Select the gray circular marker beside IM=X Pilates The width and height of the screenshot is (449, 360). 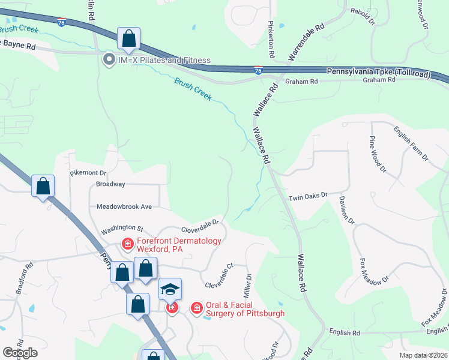pos(109,59)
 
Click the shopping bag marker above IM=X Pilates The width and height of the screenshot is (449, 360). pos(128,40)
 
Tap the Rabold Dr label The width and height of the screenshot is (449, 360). pos(363,16)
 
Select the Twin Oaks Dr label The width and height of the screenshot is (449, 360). pos(308,196)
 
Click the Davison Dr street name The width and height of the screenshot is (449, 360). pos(347,210)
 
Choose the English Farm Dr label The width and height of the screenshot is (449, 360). pos(411,143)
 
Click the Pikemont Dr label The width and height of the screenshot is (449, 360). pos(88,173)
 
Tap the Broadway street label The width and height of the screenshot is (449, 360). pos(110,184)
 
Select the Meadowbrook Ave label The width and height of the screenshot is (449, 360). pos(125,206)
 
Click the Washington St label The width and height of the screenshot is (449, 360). pos(122,229)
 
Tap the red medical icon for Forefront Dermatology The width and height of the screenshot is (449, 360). pos(127,243)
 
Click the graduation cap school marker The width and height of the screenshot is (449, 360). pos(170,290)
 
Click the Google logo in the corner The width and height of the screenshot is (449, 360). pos(20,353)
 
